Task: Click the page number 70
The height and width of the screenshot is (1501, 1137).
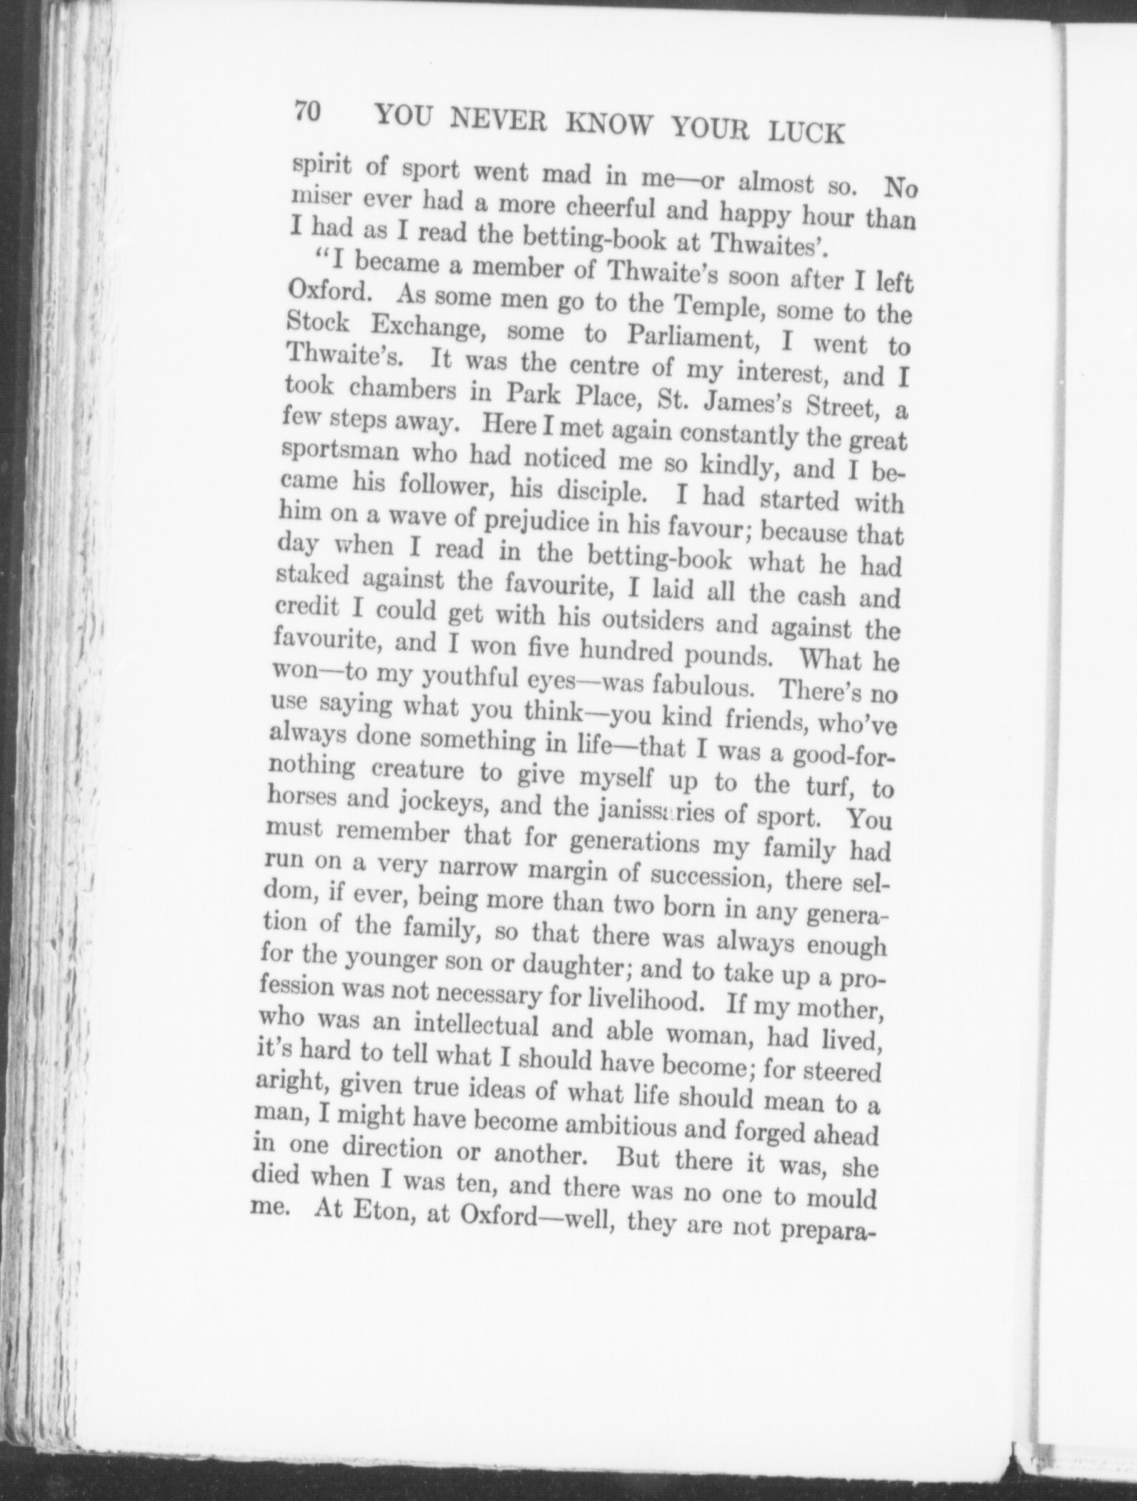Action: click(x=309, y=112)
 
